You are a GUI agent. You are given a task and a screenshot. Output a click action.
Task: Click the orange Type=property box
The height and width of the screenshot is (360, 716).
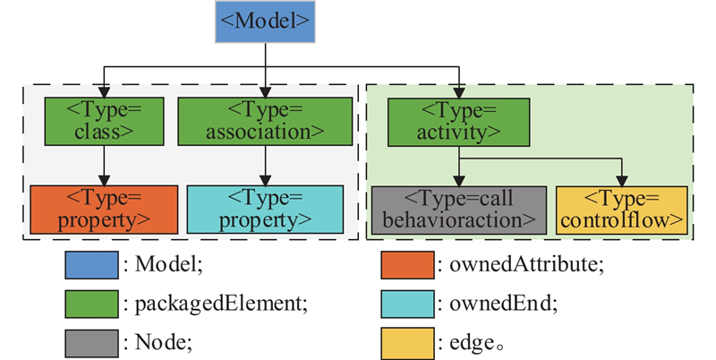[x=103, y=209]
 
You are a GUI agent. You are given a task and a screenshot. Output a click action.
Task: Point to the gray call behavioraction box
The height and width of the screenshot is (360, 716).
[x=458, y=209]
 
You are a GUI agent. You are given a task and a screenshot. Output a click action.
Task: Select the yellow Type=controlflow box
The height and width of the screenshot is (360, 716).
[x=622, y=209]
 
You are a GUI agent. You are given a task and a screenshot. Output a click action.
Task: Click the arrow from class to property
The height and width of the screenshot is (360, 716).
[x=103, y=165]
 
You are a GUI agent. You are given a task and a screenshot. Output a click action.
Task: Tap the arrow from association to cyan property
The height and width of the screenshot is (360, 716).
[x=262, y=165]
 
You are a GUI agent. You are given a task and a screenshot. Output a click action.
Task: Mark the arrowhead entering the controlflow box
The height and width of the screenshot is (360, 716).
[x=622, y=180]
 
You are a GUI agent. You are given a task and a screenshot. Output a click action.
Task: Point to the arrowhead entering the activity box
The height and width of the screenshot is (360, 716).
[x=458, y=92]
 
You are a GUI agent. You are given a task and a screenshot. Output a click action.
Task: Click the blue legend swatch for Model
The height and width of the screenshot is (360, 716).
[x=91, y=266]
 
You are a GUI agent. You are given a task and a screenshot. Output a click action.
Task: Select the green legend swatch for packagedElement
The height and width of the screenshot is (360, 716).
[x=91, y=303]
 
